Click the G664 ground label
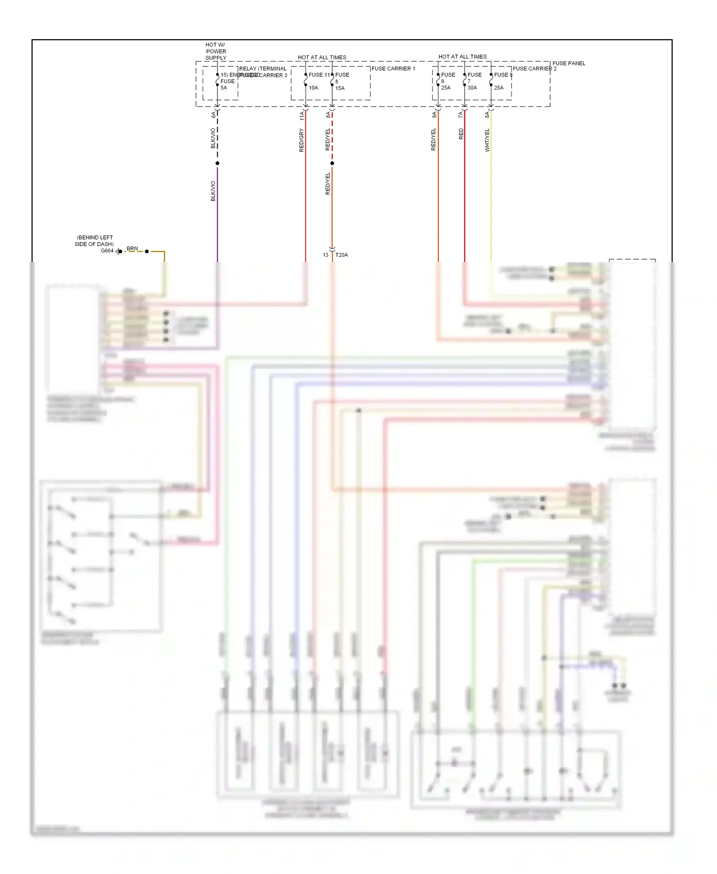pos(107,251)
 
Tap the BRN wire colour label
pos(132,249)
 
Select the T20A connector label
pos(342,255)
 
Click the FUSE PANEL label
pos(569,63)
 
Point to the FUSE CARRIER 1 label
pos(393,69)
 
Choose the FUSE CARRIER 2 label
pos(534,69)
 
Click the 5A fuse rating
pos(224,88)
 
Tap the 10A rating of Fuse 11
pos(313,88)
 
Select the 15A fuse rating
pos(340,88)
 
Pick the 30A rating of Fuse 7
pos(472,88)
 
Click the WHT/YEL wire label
pos(487,140)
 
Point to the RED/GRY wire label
pos(301,140)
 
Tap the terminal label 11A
pos(302,116)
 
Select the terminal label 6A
pos(213,115)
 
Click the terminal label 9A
pos(434,115)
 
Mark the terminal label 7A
pos(460,115)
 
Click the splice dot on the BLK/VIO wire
pos(217,164)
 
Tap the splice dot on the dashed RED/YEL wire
pos(332,164)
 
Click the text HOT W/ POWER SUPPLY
pos(216,51)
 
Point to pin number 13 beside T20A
pos(326,255)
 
